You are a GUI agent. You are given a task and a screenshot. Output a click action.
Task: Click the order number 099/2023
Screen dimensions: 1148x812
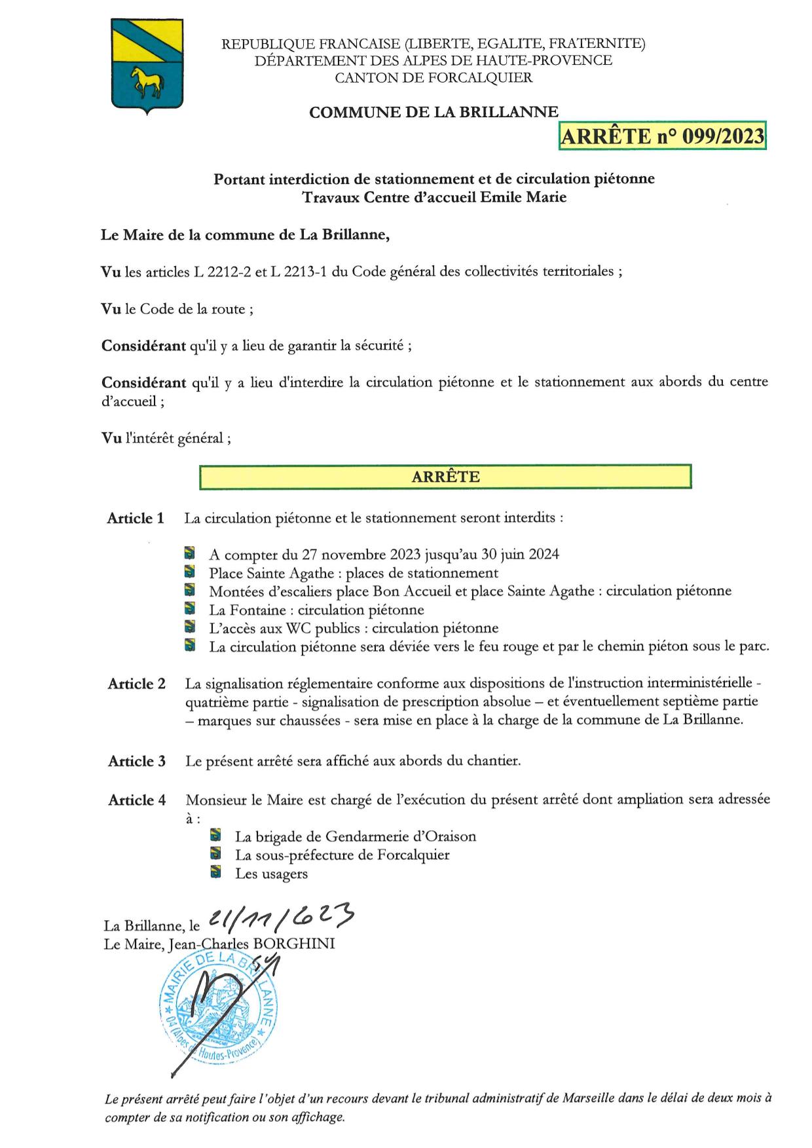[x=723, y=136]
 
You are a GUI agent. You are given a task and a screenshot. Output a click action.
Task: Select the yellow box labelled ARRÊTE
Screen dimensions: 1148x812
[x=445, y=477]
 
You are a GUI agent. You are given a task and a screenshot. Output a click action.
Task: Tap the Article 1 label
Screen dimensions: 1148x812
[x=136, y=519]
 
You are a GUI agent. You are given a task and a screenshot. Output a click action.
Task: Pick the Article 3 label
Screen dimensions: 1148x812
[x=136, y=762]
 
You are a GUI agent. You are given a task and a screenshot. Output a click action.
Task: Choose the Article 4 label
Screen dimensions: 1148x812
[x=136, y=800]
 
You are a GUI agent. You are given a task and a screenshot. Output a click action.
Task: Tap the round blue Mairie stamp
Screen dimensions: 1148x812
[x=215, y=1012]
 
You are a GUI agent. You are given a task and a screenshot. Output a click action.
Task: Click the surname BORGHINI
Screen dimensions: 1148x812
[x=299, y=944]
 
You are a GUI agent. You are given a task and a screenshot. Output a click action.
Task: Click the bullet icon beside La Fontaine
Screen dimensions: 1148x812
[x=190, y=609]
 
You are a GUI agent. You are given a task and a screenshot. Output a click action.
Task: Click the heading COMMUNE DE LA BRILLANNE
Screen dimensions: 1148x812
[x=434, y=113]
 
